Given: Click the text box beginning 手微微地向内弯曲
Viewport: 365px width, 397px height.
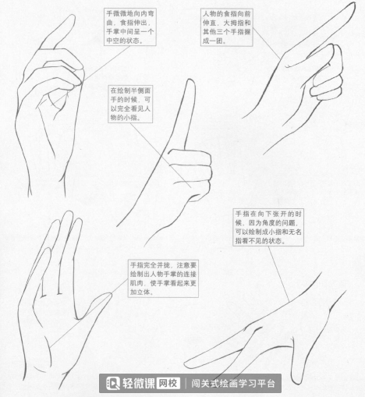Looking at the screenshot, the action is (x=130, y=27).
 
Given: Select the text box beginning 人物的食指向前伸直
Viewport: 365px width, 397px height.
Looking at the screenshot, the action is (x=227, y=27).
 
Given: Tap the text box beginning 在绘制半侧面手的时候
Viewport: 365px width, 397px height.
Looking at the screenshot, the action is (x=130, y=104).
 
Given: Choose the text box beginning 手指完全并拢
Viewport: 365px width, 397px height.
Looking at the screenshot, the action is (x=163, y=278).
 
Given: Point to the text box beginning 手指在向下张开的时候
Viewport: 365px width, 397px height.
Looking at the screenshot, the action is (x=268, y=227).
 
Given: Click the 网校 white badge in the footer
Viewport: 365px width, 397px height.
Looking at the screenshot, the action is (x=168, y=383).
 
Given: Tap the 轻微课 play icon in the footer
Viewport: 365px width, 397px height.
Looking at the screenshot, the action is (x=113, y=384).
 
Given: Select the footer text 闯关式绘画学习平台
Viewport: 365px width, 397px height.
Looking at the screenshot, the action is (x=233, y=384).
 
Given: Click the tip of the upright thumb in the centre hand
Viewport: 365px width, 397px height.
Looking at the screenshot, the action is (x=191, y=80).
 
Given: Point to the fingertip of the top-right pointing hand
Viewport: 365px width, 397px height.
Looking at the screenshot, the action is (x=353, y=4).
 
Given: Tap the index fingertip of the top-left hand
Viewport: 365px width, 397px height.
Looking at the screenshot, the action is (x=72, y=16).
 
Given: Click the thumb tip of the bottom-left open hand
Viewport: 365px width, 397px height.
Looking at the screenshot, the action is (x=109, y=295).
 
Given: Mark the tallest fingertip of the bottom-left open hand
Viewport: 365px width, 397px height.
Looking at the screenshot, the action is (x=69, y=213).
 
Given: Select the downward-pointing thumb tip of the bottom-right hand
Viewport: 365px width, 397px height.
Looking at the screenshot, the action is (x=297, y=381).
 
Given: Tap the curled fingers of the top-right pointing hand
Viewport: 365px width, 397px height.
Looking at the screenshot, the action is (x=327, y=72).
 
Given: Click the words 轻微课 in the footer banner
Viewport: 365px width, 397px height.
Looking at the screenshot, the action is (x=138, y=384).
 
